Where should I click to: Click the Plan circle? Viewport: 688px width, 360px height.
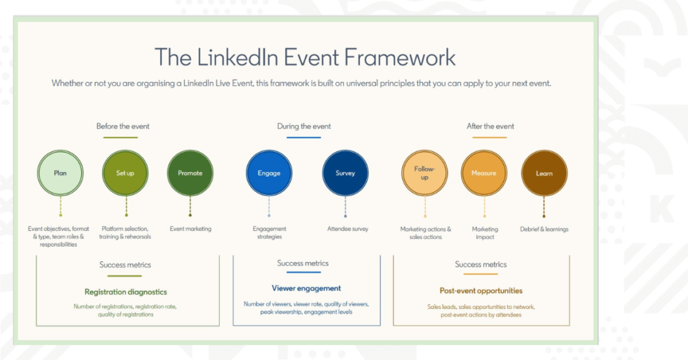click(60, 173)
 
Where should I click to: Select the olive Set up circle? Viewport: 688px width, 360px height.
click(125, 173)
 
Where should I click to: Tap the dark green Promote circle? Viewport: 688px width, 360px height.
click(190, 173)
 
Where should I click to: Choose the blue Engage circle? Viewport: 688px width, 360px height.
click(269, 173)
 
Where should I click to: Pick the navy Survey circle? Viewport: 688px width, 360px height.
click(345, 173)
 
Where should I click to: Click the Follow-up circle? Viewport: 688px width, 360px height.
click(425, 173)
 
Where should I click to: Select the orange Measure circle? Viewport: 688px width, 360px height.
click(484, 173)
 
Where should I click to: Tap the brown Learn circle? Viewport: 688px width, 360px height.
click(544, 173)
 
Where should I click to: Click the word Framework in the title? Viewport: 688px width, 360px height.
click(400, 58)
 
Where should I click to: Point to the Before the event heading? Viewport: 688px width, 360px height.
click(123, 126)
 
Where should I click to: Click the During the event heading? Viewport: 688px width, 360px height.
click(304, 126)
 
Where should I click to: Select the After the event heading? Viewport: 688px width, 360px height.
click(490, 126)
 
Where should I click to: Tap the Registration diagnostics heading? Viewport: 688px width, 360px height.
click(126, 292)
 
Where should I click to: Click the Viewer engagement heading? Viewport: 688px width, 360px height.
click(306, 289)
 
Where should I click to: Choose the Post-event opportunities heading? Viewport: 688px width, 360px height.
click(481, 291)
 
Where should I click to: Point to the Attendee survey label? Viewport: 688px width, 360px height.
click(347, 229)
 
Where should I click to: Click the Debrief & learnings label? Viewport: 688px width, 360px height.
click(544, 229)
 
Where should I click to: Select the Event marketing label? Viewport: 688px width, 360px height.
click(190, 229)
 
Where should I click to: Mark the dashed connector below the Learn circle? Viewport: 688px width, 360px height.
click(544, 206)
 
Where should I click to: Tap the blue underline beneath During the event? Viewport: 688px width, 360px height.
click(304, 137)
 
